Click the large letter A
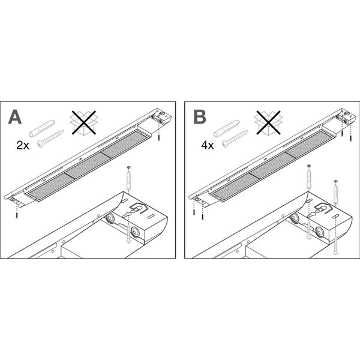(x=15, y=117)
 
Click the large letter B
(x=200, y=117)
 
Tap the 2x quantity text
(x=23, y=145)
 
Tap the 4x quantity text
(x=208, y=145)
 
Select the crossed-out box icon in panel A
(x=83, y=122)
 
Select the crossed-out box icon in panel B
(x=268, y=122)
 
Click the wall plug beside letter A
(x=42, y=128)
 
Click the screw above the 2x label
(x=50, y=138)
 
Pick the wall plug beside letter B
(x=227, y=128)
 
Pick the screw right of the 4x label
(x=235, y=138)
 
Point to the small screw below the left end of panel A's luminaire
(x=17, y=215)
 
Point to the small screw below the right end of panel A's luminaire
(x=158, y=137)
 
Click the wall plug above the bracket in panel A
(x=128, y=178)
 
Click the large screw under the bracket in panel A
(x=129, y=234)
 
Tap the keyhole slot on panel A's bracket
(x=127, y=215)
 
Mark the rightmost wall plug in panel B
(x=335, y=192)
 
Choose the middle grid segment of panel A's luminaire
(x=88, y=165)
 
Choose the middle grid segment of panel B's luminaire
(x=272, y=165)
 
